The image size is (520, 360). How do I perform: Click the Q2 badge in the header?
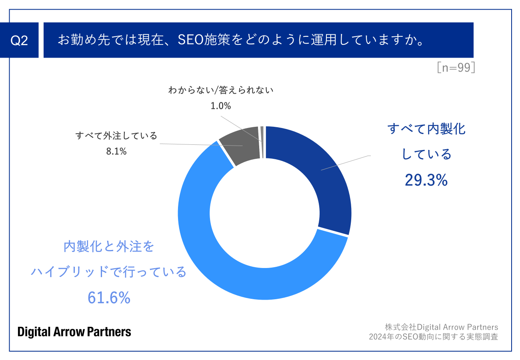(19, 40)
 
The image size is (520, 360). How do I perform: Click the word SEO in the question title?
(190, 40)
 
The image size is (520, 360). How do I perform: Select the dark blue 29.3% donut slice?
(320, 172)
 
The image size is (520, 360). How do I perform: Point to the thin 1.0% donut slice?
(262, 142)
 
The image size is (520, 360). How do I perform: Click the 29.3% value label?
(426, 181)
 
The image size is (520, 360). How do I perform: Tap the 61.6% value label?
(109, 298)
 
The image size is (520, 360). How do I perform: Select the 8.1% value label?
(116, 151)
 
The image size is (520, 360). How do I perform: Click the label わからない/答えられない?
(221, 90)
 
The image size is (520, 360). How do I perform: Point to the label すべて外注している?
(116, 136)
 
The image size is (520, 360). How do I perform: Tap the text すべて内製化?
(426, 129)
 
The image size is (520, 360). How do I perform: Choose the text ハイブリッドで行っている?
(109, 272)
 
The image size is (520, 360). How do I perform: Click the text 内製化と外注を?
(109, 247)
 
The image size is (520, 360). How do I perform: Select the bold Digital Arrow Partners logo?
(74, 332)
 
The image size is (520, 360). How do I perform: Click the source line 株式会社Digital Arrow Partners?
(442, 327)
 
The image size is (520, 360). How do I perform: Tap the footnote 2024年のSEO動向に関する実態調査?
(434, 337)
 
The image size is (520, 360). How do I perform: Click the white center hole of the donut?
(264, 213)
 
